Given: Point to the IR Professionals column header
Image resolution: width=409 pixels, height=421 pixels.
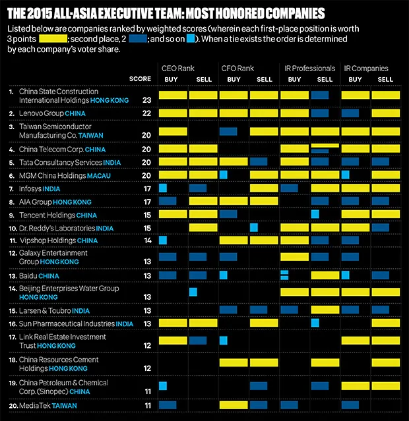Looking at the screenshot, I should pos(306,69).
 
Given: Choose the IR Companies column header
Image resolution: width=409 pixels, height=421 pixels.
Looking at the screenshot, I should pos(366,69).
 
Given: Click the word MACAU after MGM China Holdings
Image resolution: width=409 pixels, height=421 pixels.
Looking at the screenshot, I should pos(99,176).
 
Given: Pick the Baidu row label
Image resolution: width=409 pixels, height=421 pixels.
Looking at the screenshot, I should pos(27,275).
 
